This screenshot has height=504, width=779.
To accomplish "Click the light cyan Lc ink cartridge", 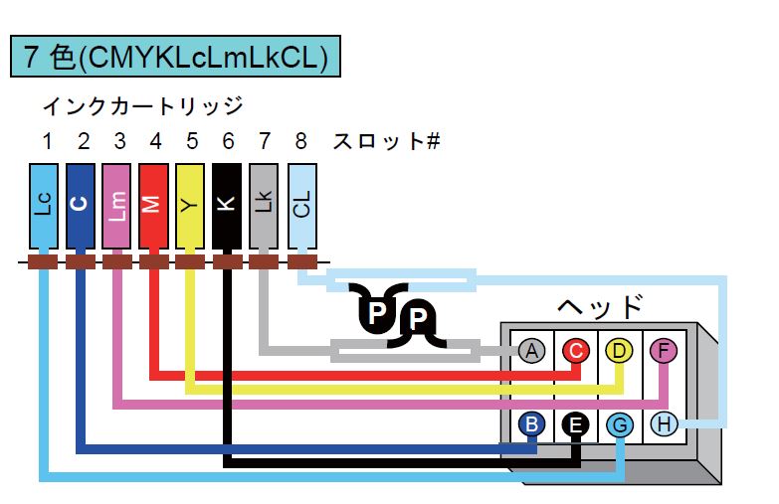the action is click(x=44, y=206).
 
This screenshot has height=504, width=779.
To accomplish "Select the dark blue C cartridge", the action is click(x=80, y=206).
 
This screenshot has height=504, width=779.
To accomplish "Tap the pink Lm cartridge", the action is click(x=116, y=206).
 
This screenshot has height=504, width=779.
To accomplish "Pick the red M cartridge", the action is click(x=153, y=206).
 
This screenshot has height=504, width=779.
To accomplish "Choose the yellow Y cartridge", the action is click(x=190, y=206).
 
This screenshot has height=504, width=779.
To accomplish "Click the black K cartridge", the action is click(x=227, y=206).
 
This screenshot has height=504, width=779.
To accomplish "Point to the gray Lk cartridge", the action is click(x=264, y=206).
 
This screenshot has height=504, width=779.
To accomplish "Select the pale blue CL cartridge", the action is click(x=302, y=206).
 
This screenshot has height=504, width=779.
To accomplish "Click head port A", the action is click(x=531, y=351).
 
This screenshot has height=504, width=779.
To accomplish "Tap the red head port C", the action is click(x=576, y=351).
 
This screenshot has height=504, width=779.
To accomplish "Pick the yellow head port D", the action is click(x=620, y=351).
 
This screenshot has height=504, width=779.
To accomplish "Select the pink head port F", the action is click(x=664, y=351).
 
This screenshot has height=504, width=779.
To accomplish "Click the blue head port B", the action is click(x=531, y=425).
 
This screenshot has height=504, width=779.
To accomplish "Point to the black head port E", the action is click(x=576, y=425).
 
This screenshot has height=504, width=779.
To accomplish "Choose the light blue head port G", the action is click(x=620, y=425).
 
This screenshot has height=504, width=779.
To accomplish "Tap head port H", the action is click(x=665, y=425).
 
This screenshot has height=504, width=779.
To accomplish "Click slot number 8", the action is click(x=301, y=141).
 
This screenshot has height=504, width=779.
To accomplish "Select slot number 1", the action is click(x=47, y=141).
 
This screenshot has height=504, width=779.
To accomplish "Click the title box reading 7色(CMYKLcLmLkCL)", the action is click(x=175, y=56).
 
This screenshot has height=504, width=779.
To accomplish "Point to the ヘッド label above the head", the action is click(x=600, y=306).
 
